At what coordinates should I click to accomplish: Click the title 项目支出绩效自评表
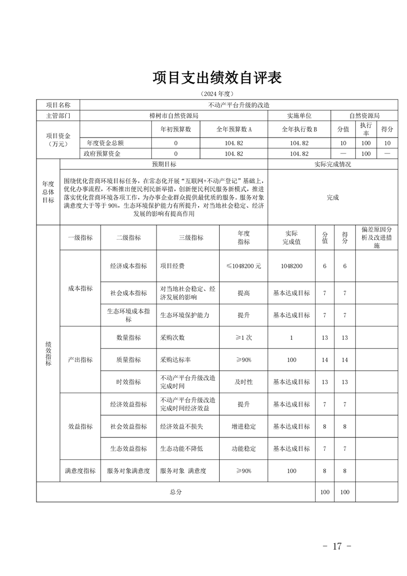tap(218, 78)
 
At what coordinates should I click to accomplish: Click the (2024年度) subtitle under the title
tap(217, 94)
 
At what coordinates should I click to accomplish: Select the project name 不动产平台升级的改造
tap(239, 105)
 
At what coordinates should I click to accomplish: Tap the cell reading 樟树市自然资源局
tap(173, 116)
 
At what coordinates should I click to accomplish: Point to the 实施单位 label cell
tap(299, 116)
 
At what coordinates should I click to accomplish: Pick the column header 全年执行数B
tap(299, 129)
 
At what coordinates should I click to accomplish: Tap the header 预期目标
tap(164, 165)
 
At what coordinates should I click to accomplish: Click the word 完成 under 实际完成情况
tap(333, 197)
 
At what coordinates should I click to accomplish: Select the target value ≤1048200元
tap(243, 266)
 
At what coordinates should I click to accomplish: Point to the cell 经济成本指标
tap(128, 266)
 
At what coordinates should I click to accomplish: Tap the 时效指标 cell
tap(128, 382)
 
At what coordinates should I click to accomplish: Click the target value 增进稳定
tap(243, 427)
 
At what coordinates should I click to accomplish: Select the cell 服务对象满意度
tap(128, 470)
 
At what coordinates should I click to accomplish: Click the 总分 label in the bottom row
tap(176, 492)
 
